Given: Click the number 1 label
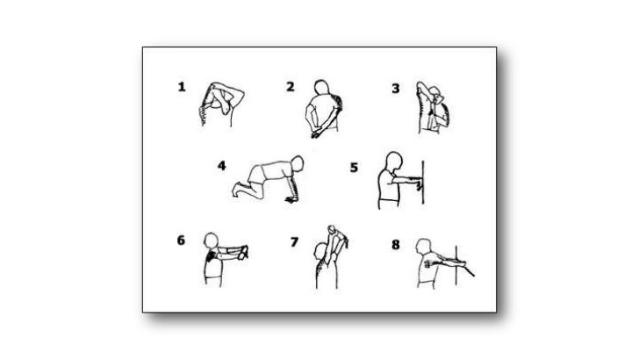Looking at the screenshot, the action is point(182,87).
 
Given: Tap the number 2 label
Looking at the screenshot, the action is point(290,86).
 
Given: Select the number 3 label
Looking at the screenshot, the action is point(395,89).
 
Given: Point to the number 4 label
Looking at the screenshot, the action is point(221,166).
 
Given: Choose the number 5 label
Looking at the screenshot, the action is point(354,168).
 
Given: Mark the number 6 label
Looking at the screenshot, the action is point(181,240).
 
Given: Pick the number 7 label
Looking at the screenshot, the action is point(294,242).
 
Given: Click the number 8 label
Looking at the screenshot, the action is point(395,245).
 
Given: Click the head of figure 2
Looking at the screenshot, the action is point(321,88).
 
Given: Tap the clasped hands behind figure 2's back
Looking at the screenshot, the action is point(316,133).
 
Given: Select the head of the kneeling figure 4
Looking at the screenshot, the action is point(298,163).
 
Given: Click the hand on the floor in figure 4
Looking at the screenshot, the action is point(291,199).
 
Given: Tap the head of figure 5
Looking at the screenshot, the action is point(394,161).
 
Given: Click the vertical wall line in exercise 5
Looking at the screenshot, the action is point(423,183).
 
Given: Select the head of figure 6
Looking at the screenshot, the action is point(211,241).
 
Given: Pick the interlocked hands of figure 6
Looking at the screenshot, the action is point(243,253).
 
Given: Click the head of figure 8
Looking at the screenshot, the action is point(423,246).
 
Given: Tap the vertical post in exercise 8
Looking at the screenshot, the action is point(456,265).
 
